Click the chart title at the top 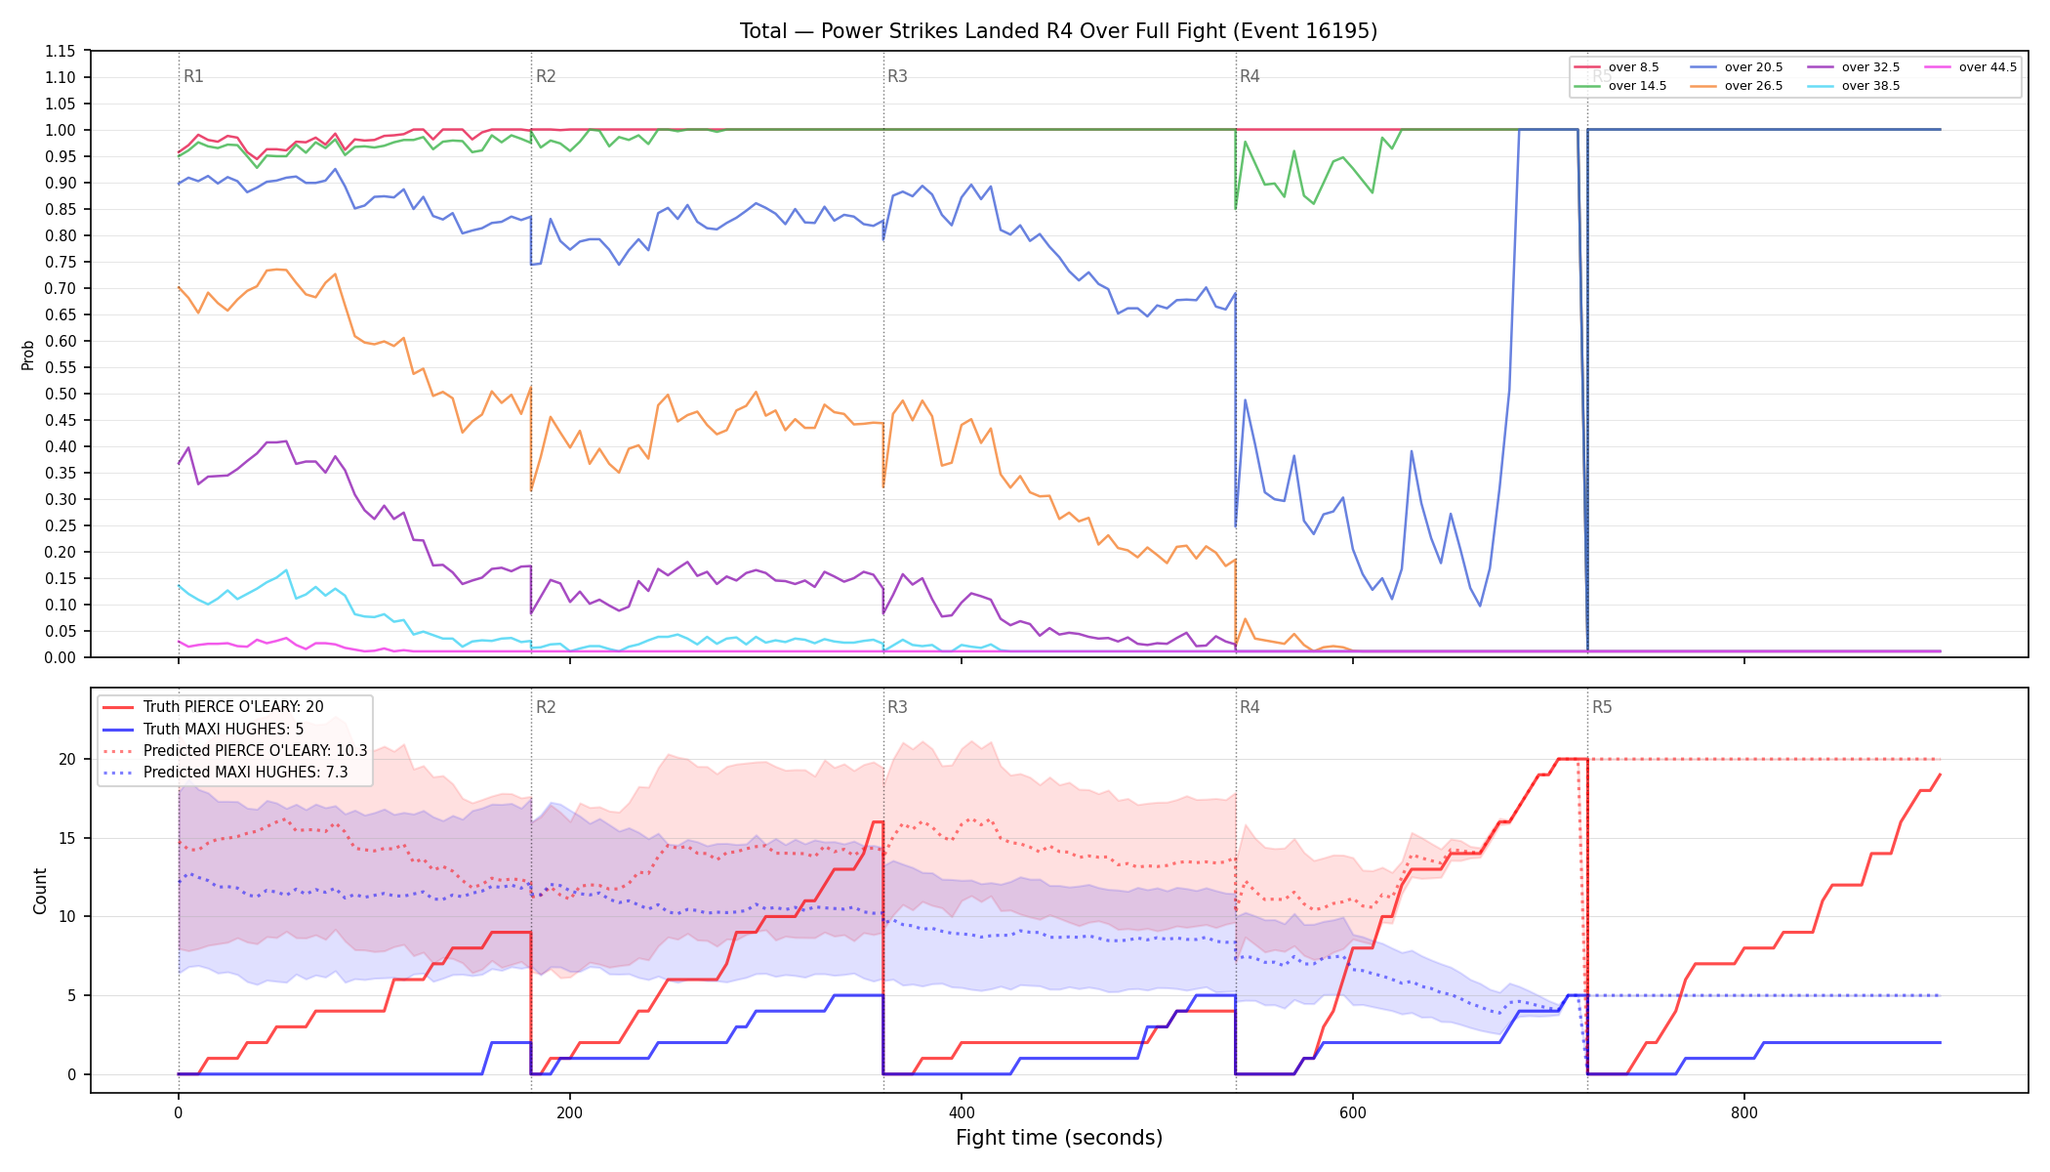click(x=1058, y=31)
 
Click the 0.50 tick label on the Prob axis click(x=60, y=394)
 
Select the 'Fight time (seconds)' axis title click(x=1059, y=1138)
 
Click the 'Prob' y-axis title click(x=28, y=355)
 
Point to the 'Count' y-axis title click(x=40, y=891)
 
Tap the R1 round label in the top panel click(x=193, y=76)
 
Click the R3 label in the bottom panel click(x=897, y=707)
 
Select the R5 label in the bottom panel click(x=1602, y=707)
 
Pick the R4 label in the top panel click(x=1250, y=76)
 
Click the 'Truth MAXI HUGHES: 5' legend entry click(x=224, y=730)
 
